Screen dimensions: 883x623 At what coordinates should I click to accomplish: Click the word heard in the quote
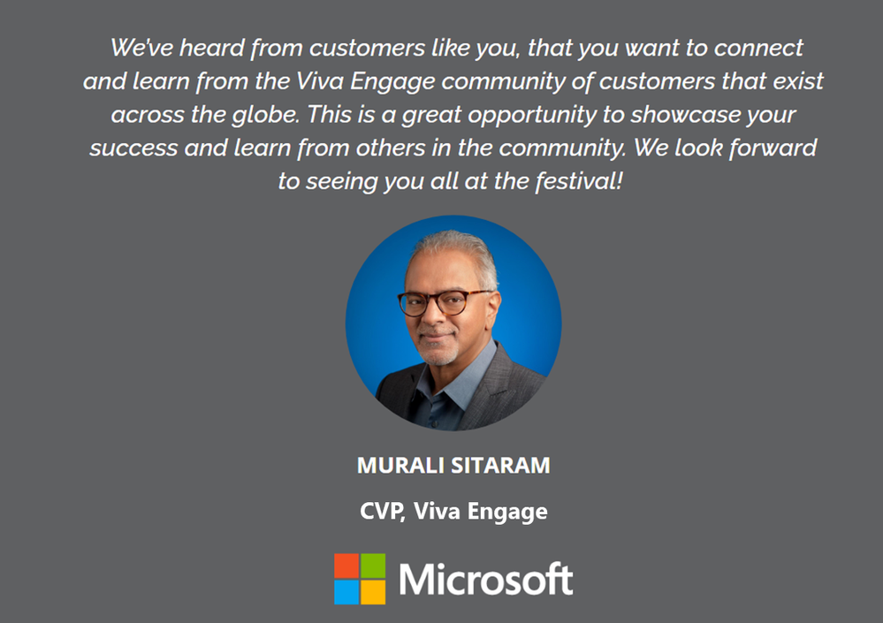coord(211,48)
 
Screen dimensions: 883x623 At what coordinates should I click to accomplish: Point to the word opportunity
coord(532,116)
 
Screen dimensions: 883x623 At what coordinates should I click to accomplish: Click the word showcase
coord(685,115)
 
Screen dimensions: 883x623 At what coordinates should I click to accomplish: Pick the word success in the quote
coord(133,148)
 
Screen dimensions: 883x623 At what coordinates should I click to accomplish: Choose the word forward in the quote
coord(773,148)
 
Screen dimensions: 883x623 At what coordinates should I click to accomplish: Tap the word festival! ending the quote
coord(578,181)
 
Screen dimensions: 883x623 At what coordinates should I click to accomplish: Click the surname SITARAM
coord(500,466)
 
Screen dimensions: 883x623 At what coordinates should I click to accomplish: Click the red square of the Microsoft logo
coord(346,566)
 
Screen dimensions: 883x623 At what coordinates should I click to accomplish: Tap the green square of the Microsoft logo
coord(373,566)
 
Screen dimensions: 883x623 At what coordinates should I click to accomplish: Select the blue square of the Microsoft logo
coord(346,592)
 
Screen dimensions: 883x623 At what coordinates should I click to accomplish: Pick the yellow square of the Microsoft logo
coord(373,592)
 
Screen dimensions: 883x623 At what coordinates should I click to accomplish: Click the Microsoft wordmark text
coord(486,579)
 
